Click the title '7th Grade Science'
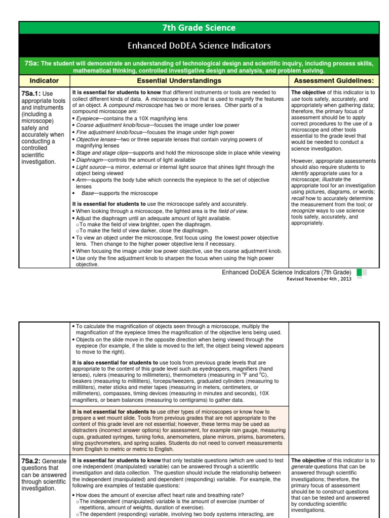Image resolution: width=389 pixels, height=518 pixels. tap(199, 28)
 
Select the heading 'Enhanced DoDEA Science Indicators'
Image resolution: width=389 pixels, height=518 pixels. tap(199, 46)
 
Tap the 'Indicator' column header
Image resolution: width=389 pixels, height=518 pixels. tap(44, 80)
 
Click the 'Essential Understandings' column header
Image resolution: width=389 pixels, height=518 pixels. tap(179, 80)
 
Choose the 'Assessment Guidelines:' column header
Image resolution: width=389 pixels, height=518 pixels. tap(333, 80)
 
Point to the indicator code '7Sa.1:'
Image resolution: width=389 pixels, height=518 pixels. tap(31, 94)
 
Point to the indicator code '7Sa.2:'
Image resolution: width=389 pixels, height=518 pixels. tap(31, 461)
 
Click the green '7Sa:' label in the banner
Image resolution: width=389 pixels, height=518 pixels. tap(31, 63)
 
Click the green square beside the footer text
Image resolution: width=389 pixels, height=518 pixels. tap(359, 272)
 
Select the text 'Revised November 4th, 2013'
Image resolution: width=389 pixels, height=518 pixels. tap(319, 279)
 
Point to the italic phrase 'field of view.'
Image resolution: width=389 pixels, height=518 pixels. tap(232, 211)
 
